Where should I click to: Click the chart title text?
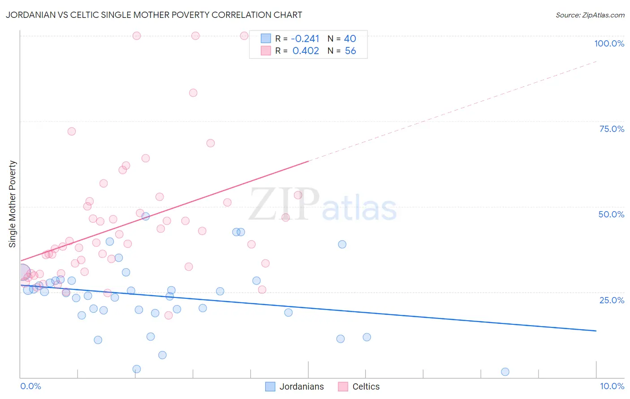[x=154, y=15]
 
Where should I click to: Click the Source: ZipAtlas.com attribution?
[x=590, y=15]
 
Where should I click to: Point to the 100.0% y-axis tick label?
[x=609, y=43]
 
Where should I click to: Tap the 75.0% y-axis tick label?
[x=612, y=129]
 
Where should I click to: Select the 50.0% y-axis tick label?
[x=611, y=214]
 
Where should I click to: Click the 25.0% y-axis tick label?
[x=612, y=300]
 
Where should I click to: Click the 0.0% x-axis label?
[x=30, y=386]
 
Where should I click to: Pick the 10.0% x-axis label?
[x=612, y=386]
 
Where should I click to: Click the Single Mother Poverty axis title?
[x=13, y=204]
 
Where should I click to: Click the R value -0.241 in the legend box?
[x=305, y=39]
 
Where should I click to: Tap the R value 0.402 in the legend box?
[x=306, y=51]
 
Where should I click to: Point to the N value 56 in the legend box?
[x=350, y=51]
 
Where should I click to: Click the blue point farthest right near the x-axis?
[x=505, y=372]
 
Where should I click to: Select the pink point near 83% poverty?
[x=193, y=93]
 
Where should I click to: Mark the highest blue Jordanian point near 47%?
[x=146, y=216]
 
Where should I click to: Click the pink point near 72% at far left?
[x=72, y=132]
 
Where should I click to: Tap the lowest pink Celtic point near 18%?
[x=168, y=315]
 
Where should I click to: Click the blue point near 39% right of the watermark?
[x=342, y=244]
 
